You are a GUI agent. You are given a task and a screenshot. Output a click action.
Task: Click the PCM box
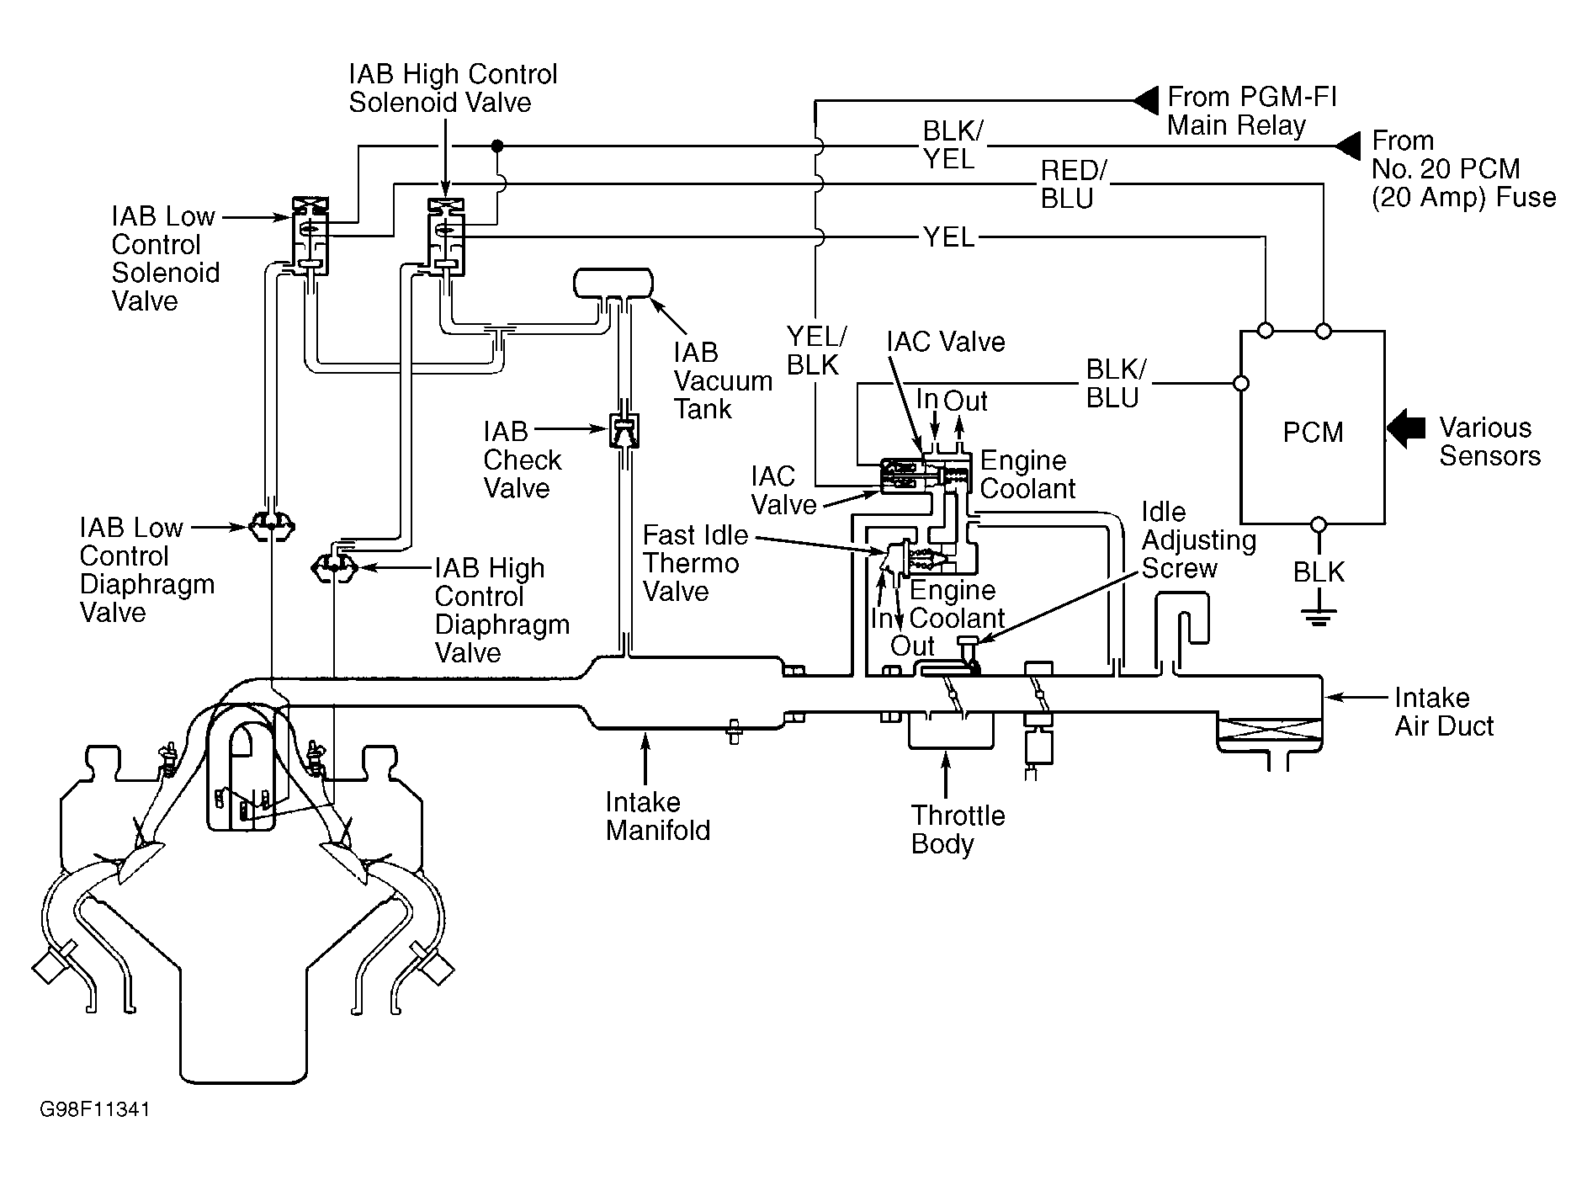(1313, 428)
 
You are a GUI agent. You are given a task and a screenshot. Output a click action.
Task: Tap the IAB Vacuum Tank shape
(613, 283)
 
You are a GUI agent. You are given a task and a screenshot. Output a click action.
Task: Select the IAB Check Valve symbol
(623, 432)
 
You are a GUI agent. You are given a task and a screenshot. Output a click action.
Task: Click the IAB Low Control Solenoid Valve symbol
(309, 237)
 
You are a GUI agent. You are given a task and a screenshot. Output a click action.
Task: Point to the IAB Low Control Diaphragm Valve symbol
(272, 528)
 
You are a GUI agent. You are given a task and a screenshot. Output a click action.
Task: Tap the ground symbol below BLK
(1319, 619)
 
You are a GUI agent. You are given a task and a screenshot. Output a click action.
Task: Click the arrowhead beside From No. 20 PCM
(1348, 146)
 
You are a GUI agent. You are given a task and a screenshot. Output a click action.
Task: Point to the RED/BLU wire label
(1070, 184)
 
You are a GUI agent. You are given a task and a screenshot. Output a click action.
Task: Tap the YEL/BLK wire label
(815, 351)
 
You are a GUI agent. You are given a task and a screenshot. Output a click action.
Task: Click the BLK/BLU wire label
(1115, 384)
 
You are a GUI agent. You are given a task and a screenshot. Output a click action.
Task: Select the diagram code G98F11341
(94, 1110)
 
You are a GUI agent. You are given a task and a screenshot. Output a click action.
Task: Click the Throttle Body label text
(958, 829)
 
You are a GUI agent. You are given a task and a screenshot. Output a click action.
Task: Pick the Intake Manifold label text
(658, 816)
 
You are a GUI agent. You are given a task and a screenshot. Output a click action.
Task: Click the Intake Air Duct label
(1443, 711)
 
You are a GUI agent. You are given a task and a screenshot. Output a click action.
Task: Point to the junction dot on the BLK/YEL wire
(497, 146)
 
